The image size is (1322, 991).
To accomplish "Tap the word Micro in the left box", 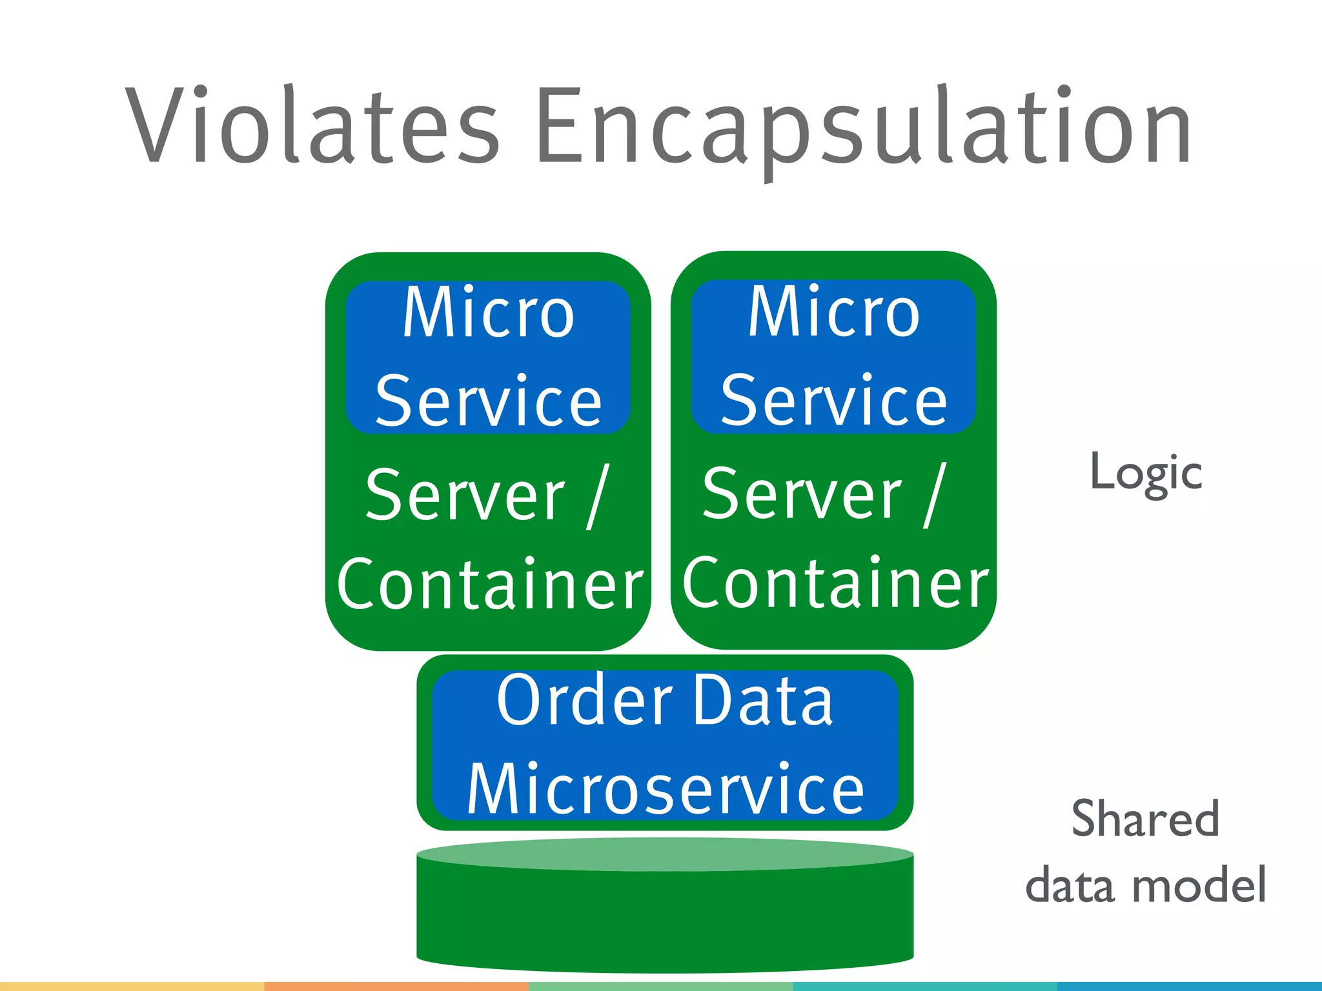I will tap(488, 313).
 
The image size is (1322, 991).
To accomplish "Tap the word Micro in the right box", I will tap(833, 313).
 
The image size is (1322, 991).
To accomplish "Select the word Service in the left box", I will tap(488, 401).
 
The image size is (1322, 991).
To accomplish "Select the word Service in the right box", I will tap(833, 401).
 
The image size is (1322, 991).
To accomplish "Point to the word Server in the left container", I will tap(465, 495).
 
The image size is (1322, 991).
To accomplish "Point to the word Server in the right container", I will tap(802, 495).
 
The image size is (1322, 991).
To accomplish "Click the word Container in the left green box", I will tap(489, 585).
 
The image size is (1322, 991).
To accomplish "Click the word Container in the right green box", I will tap(835, 583).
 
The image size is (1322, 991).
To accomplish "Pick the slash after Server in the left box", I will tap(598, 495).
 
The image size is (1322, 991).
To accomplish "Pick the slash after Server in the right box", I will tap(935, 495).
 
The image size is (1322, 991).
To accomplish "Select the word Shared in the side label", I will tap(1145, 819).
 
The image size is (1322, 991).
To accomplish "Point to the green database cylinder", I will tap(665, 910).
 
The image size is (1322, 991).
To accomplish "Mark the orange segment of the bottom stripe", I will tap(396, 986).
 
